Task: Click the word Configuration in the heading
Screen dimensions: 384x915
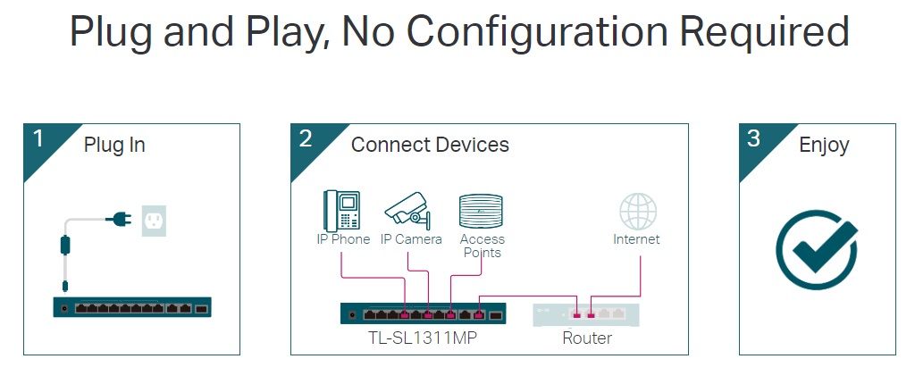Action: [535, 32]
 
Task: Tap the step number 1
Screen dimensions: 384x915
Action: [38, 138]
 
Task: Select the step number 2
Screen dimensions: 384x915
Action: [306, 138]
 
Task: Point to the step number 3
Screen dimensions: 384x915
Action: [753, 138]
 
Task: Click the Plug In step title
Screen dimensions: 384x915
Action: [114, 145]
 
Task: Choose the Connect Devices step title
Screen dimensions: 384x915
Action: [430, 145]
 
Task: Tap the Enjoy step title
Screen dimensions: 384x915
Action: [824, 145]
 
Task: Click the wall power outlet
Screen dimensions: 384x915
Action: [155, 219]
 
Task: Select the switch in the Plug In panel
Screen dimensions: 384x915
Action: [132, 308]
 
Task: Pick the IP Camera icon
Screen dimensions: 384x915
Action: [408, 211]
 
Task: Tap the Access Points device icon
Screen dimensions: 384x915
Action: [482, 213]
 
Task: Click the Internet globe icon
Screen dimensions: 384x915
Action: [638, 211]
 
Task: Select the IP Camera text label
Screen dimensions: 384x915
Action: [411, 239]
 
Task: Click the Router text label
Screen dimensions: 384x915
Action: [587, 338]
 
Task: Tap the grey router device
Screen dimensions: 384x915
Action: [586, 313]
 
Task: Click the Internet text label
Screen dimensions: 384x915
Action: [636, 239]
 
